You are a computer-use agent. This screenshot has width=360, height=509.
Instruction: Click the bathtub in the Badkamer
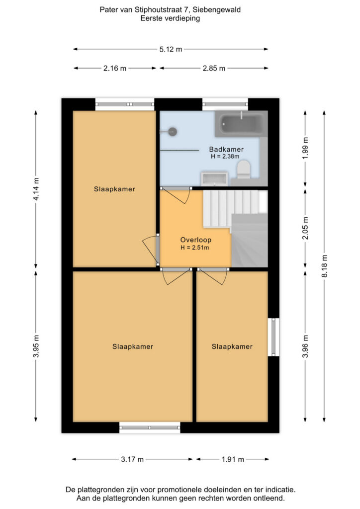tap(241, 124)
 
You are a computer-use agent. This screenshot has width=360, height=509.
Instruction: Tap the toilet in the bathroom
tap(244, 170)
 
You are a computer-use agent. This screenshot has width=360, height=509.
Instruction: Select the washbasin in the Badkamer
tap(214, 179)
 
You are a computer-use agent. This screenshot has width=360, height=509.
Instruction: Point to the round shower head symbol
tap(173, 131)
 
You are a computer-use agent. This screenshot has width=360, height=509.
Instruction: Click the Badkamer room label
tap(226, 149)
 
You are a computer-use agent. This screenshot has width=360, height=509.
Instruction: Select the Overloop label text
tap(196, 240)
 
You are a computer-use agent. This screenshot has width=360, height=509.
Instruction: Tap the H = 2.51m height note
tap(195, 248)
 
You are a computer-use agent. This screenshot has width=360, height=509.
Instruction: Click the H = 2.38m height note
tap(225, 157)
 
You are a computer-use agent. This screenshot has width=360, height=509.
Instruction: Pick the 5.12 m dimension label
tap(171, 49)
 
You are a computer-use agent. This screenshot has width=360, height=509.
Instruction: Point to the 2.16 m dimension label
tap(115, 69)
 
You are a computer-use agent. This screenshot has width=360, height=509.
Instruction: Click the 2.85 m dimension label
tap(214, 69)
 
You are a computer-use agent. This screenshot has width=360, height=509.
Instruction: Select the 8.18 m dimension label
tap(324, 266)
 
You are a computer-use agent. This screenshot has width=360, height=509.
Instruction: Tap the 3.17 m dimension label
tap(132, 459)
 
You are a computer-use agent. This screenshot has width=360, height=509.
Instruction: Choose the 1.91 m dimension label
tap(233, 459)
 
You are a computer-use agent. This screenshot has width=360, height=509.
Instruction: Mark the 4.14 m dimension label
tap(36, 189)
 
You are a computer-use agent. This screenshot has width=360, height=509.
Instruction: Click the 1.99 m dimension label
tap(305, 148)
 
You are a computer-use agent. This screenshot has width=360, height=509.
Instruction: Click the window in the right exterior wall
tap(273, 337)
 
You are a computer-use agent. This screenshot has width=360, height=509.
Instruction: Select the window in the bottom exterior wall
tap(150, 427)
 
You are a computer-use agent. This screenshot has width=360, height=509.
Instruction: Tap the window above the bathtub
tap(225, 104)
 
